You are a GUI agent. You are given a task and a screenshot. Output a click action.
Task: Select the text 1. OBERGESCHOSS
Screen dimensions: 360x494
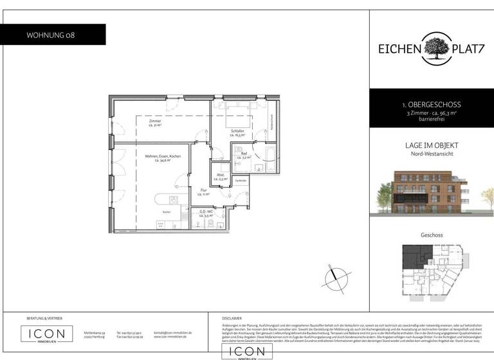[431, 104]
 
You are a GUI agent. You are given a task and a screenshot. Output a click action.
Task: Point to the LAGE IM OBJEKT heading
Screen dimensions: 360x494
[431, 146]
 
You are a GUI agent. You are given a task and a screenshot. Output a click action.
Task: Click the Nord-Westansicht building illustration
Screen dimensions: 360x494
[432, 191]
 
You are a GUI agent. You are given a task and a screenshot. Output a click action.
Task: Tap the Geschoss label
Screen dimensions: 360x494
[432, 235]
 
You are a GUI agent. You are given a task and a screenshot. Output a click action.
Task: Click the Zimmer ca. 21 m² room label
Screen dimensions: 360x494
[154, 123]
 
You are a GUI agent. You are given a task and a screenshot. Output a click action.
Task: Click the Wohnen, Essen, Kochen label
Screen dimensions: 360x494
[162, 159]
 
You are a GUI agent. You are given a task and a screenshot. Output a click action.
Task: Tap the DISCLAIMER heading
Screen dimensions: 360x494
[232, 318]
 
